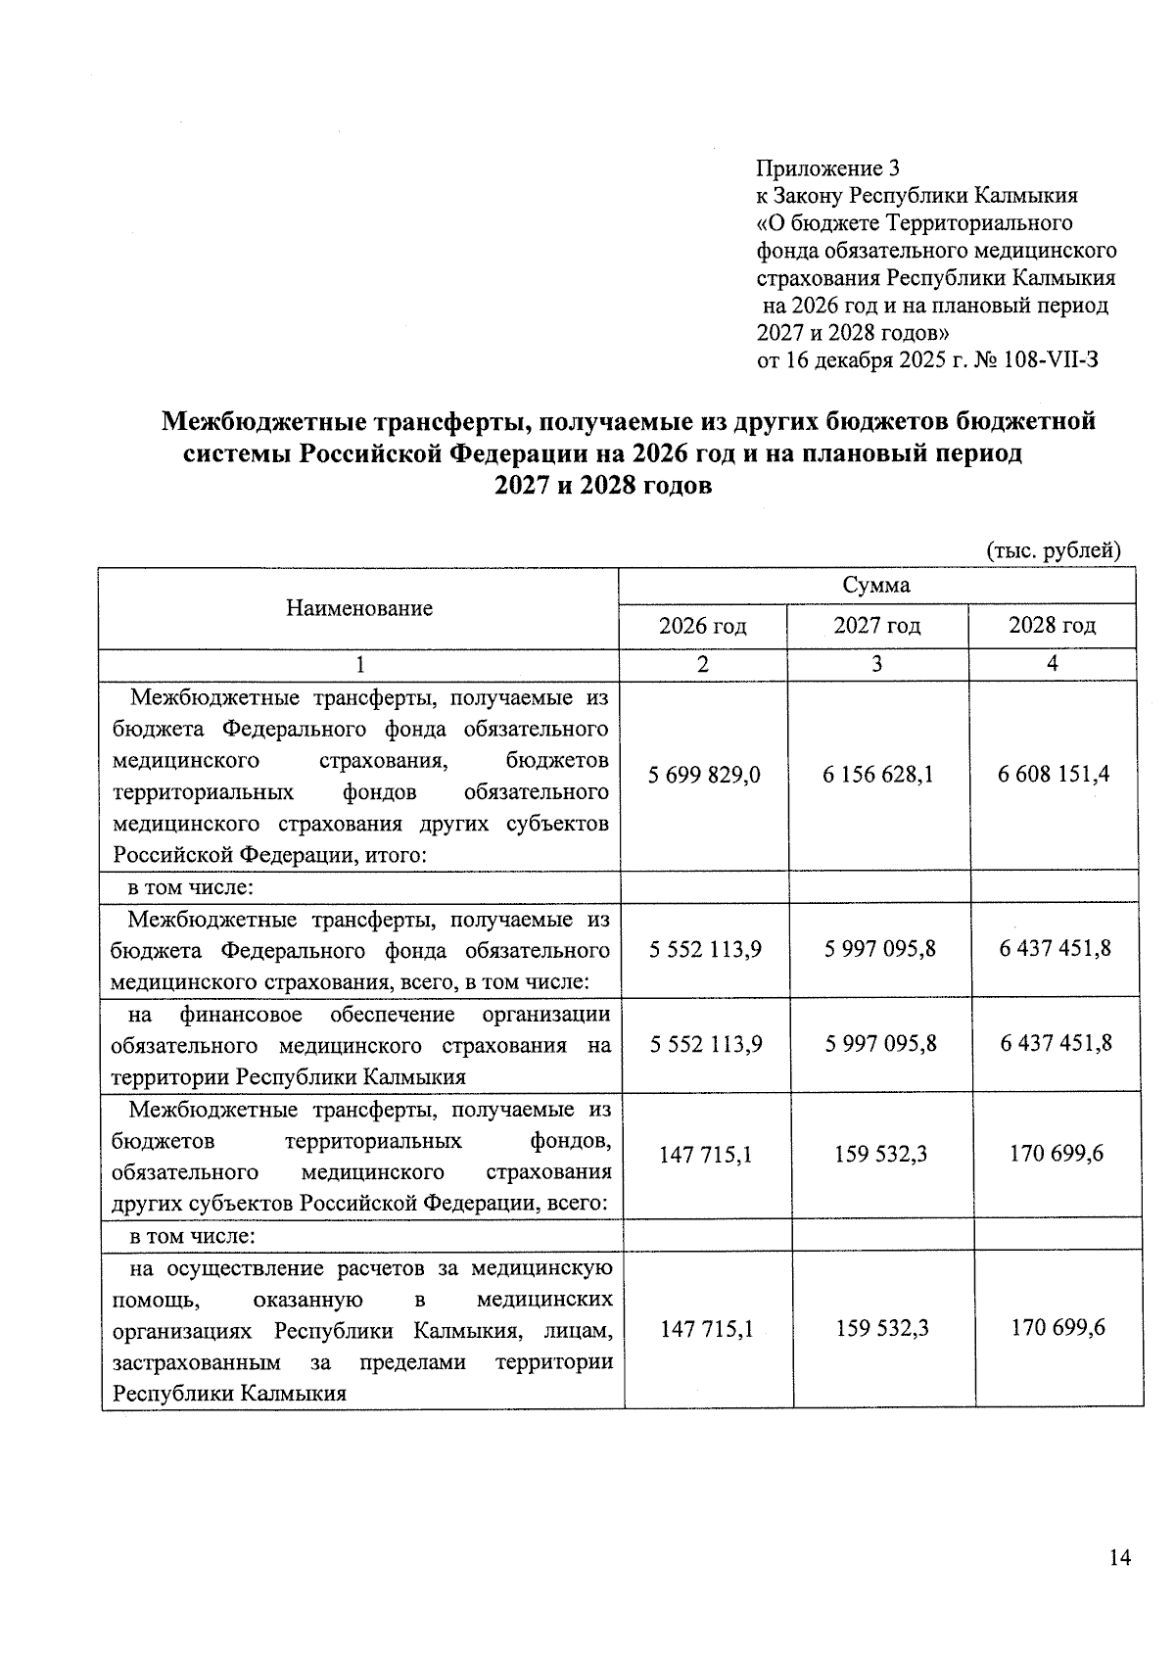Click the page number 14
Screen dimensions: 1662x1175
tap(1120, 1557)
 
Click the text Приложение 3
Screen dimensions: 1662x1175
tap(827, 167)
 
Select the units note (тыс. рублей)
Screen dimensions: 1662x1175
tap(1052, 549)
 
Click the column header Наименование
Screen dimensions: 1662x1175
tap(359, 608)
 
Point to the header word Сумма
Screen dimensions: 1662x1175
tap(876, 585)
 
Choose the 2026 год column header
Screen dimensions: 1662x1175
tap(702, 626)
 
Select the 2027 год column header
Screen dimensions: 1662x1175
tap(876, 626)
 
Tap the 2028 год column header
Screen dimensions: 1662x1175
tap(1052, 626)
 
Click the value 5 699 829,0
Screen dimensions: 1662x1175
tap(704, 775)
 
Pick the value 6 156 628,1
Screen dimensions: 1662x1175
tap(878, 775)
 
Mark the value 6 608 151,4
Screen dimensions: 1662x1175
tap(1054, 775)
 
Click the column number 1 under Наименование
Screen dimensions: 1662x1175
tap(359, 664)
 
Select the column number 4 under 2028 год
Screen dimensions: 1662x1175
tap(1052, 664)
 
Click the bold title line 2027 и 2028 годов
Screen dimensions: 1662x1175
tap(603, 485)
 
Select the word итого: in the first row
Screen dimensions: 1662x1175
tap(397, 855)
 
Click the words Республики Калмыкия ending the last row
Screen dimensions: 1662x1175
tap(229, 1393)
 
